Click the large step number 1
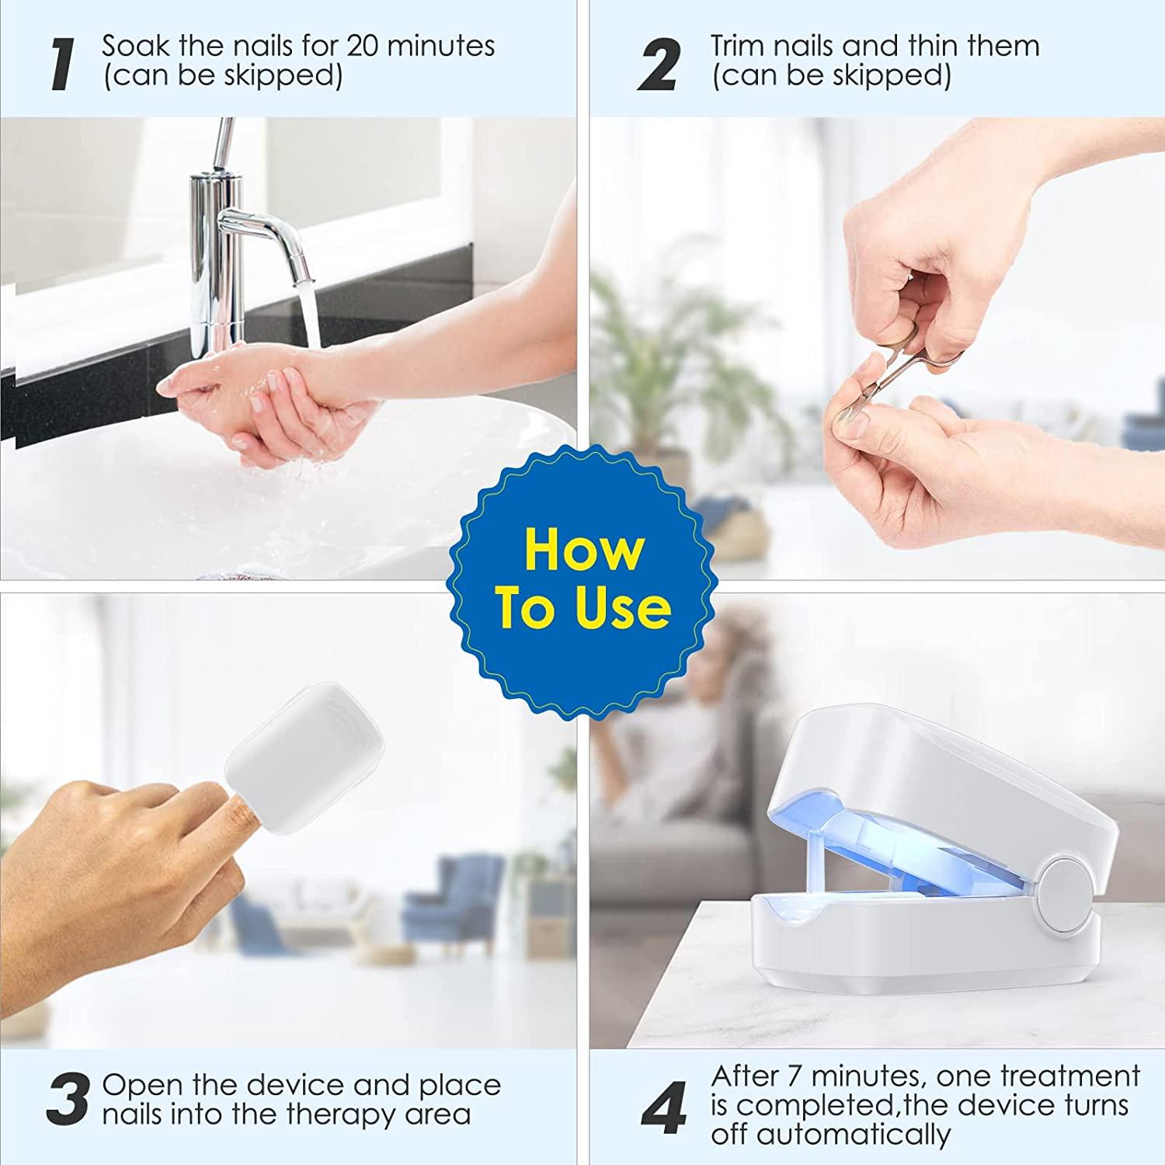pyautogui.click(x=62, y=64)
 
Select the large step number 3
pyautogui.click(x=67, y=1100)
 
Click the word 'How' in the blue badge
pyautogui.click(x=584, y=550)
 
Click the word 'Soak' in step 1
pyautogui.click(x=136, y=46)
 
